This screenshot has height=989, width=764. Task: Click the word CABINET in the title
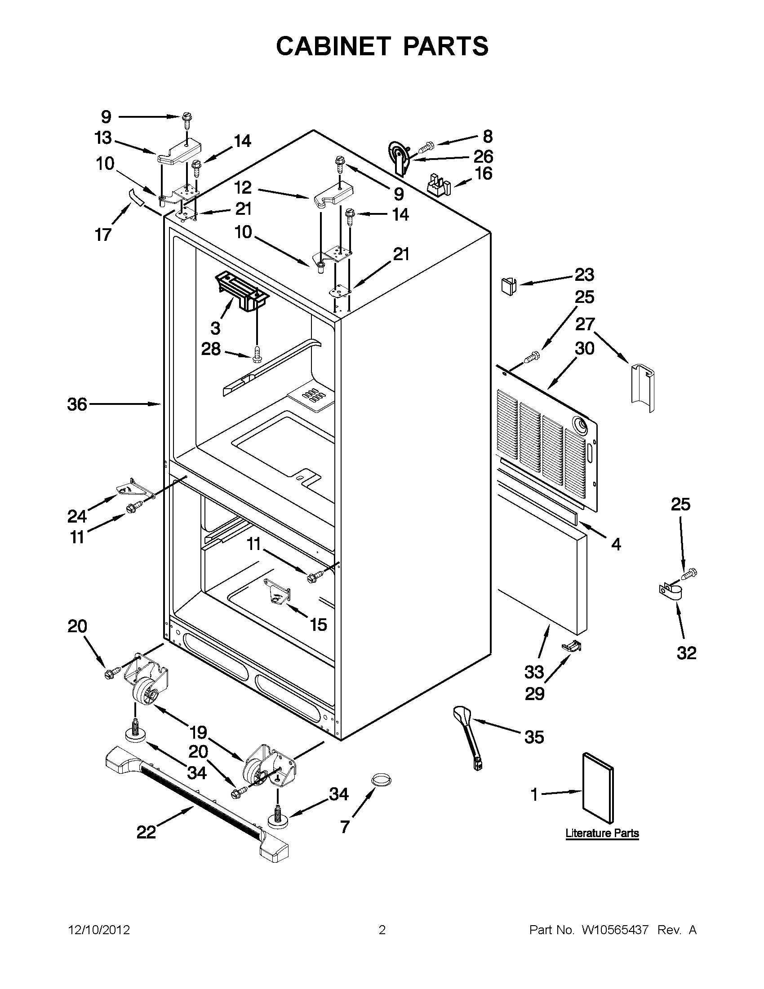click(333, 46)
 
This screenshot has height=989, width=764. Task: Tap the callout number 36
click(77, 404)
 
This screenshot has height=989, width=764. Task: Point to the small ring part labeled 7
click(381, 780)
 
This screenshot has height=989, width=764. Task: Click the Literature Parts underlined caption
click(602, 833)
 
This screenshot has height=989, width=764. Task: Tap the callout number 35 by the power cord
click(534, 737)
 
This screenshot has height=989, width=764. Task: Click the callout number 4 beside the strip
click(616, 544)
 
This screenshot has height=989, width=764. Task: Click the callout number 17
click(103, 235)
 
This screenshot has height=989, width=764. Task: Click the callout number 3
click(216, 327)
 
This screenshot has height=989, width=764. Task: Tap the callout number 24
click(77, 516)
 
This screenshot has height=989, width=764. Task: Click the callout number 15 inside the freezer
click(318, 625)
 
